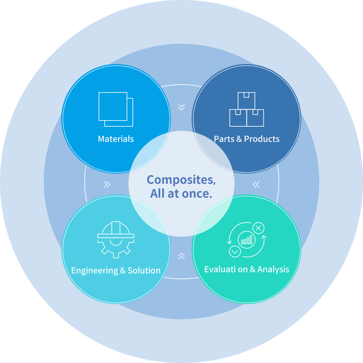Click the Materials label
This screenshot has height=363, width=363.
[x=116, y=139]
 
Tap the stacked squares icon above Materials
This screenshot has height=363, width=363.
[x=116, y=109]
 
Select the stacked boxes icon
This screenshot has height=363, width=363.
[x=246, y=109]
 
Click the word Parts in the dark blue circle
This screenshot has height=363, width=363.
[x=224, y=139]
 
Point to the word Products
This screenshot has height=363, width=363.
[x=262, y=139]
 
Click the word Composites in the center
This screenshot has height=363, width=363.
[x=181, y=180]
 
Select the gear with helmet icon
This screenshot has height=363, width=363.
[x=116, y=240]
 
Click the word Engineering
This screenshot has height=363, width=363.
[x=95, y=270]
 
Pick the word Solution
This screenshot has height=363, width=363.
[x=144, y=270]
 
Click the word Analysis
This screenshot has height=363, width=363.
[x=273, y=269]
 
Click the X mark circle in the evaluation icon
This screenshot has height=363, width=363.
[x=258, y=228]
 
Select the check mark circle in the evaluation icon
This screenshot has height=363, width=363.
[x=235, y=252]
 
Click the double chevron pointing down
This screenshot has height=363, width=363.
[x=181, y=107]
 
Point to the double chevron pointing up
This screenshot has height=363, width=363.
[x=181, y=256]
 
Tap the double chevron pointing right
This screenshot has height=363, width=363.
[x=107, y=185]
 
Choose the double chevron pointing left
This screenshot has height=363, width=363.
[x=256, y=185]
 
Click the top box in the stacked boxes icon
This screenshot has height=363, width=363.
[x=246, y=101]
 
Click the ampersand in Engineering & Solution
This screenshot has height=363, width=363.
[x=123, y=270]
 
